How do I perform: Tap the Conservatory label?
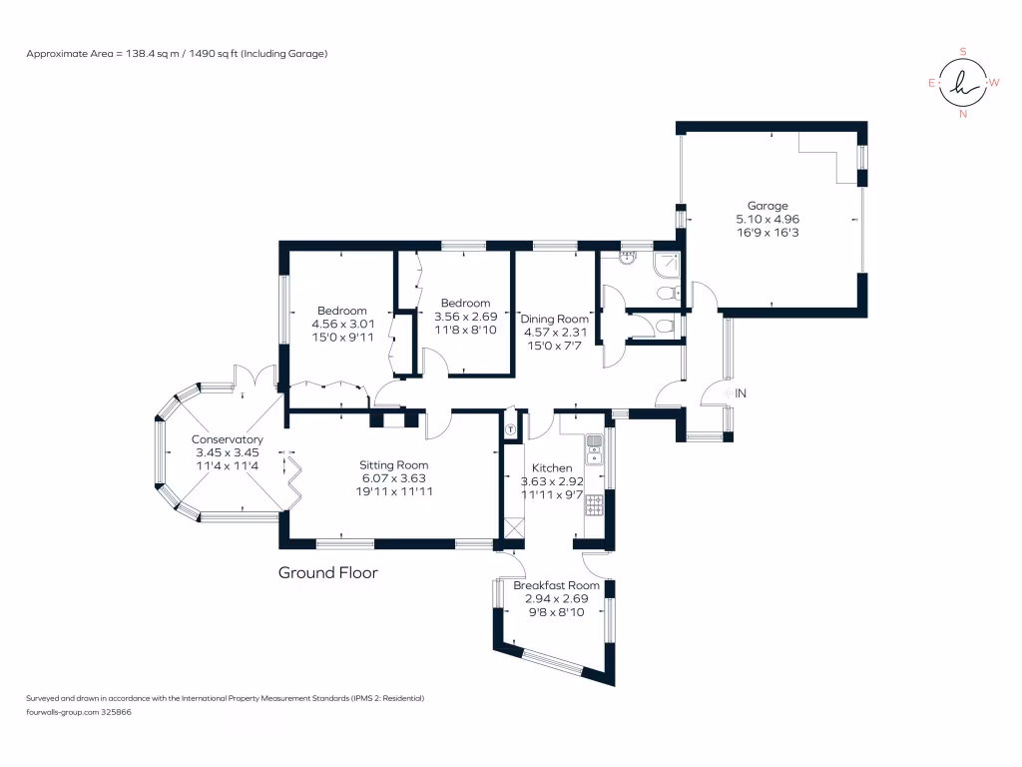[228, 439]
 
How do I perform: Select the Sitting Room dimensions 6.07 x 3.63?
[394, 477]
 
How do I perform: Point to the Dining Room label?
[556, 319]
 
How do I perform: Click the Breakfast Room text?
[563, 585]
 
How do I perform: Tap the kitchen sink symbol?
[594, 450]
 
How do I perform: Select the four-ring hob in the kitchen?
[594, 505]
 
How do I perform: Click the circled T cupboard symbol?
[511, 429]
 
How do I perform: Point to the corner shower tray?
[666, 265]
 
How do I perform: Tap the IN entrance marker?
[740, 394]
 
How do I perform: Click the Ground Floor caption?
[327, 572]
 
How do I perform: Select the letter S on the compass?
[963, 51]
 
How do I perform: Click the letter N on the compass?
[963, 114]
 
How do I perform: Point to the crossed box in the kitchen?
[514, 527]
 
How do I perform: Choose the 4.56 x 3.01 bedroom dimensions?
[342, 324]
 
